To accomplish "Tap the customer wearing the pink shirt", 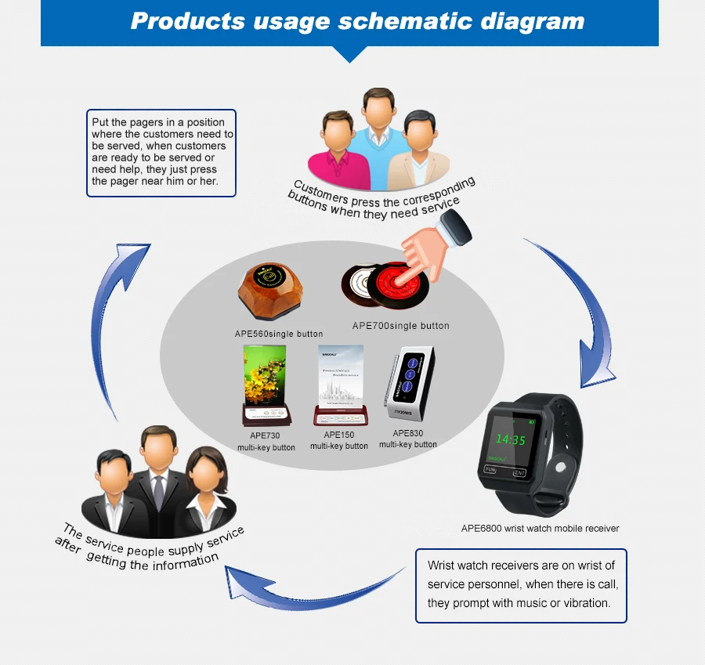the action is [337, 149].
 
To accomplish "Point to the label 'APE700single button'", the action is [400, 326].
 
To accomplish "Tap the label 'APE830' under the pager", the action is [407, 433].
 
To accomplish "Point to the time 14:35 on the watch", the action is [510, 439].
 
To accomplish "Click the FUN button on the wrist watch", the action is [491, 470].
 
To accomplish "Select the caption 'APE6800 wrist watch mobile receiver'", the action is [540, 529].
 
